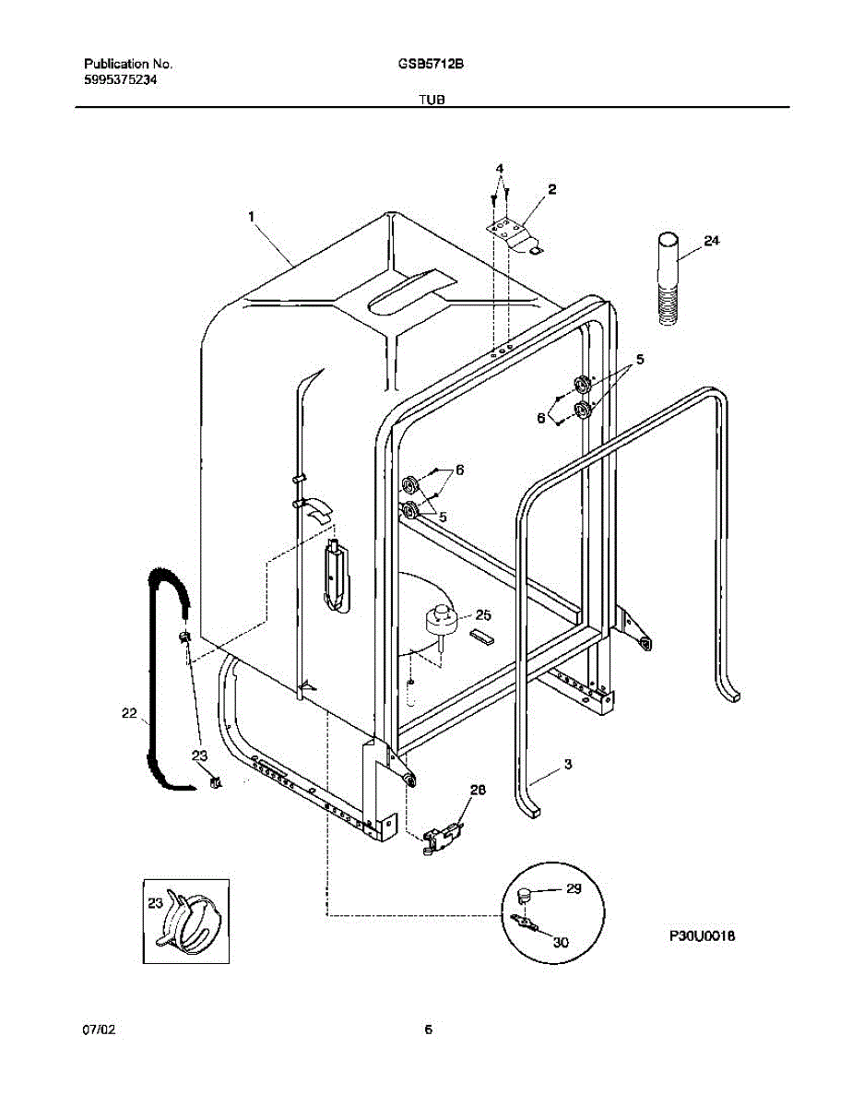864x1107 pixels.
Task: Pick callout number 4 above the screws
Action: (x=500, y=169)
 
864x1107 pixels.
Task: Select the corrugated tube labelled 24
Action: (x=667, y=280)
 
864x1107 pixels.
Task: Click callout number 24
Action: (x=711, y=241)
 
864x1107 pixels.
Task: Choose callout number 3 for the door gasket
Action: (x=568, y=764)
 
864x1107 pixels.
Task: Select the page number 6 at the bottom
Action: (x=428, y=1030)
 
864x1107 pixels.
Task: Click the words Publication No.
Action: (x=128, y=65)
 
